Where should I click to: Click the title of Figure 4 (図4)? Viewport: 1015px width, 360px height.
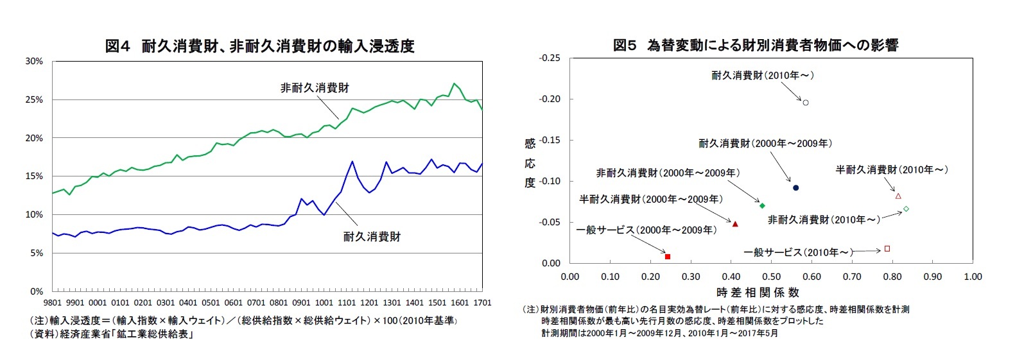pyautogui.click(x=259, y=46)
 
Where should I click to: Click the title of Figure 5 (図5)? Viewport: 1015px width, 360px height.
pyautogui.click(x=755, y=46)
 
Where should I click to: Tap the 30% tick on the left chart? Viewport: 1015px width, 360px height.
pyautogui.click(x=34, y=62)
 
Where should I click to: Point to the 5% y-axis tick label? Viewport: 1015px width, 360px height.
pyautogui.click(x=36, y=253)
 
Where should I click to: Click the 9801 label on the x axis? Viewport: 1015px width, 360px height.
pyautogui.click(x=52, y=302)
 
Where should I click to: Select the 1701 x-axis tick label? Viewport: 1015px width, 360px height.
pyautogui.click(x=482, y=302)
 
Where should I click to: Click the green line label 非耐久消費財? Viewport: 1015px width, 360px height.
pyautogui.click(x=315, y=88)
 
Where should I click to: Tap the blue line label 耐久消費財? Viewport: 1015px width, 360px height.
pyautogui.click(x=372, y=237)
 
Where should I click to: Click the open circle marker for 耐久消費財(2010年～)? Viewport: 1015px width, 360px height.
pyautogui.click(x=806, y=103)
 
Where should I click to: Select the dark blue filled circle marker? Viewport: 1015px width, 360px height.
pyautogui.click(x=795, y=188)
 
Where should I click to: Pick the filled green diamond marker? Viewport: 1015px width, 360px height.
pyautogui.click(x=762, y=205)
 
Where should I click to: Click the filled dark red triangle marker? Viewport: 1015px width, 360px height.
pyautogui.click(x=735, y=224)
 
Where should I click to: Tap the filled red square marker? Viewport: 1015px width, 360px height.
pyautogui.click(x=668, y=257)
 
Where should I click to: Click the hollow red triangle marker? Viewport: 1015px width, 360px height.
pyautogui.click(x=898, y=196)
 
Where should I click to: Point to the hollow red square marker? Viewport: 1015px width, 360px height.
pyautogui.click(x=887, y=248)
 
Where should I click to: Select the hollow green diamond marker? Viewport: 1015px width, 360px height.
pyautogui.click(x=906, y=209)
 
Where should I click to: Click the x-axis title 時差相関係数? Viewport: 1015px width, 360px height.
pyautogui.click(x=758, y=293)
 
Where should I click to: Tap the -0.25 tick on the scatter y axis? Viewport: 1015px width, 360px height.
pyautogui.click(x=550, y=58)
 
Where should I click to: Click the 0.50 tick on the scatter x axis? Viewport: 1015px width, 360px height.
pyautogui.click(x=771, y=277)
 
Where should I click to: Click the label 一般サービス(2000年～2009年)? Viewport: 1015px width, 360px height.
pyautogui.click(x=645, y=230)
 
